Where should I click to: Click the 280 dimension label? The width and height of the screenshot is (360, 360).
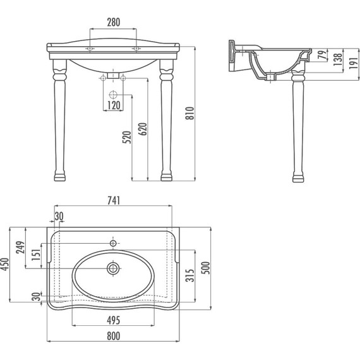point(114,22)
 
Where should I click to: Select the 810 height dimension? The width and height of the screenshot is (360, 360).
point(190,114)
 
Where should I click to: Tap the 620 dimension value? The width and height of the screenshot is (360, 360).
point(143,129)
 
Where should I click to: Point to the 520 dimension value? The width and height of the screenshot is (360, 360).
point(127,137)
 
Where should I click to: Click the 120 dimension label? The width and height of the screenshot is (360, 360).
point(114,105)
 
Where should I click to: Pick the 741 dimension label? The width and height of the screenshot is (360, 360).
point(114,200)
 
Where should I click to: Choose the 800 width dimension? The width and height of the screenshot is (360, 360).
point(114,336)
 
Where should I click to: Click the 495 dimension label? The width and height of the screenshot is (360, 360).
point(114,320)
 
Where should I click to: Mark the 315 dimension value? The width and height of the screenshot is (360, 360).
point(190,275)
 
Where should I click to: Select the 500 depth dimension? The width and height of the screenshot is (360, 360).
point(206,268)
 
